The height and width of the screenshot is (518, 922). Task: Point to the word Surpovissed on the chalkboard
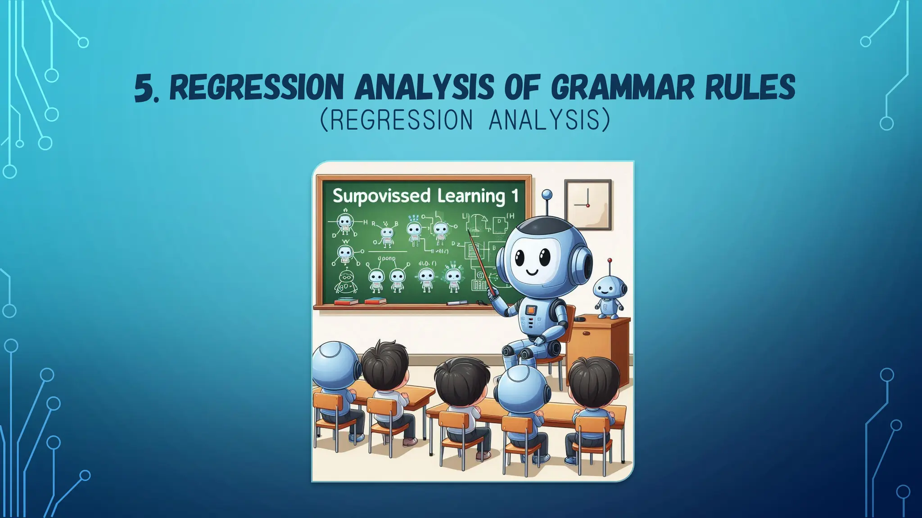pyautogui.click(x=381, y=196)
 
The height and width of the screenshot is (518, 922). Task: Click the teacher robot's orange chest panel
pyautogui.click(x=531, y=310)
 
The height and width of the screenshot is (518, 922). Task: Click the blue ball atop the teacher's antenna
pyautogui.click(x=547, y=195)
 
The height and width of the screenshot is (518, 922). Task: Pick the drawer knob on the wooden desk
pyautogui.click(x=588, y=333)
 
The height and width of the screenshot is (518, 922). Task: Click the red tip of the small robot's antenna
pyautogui.click(x=610, y=260)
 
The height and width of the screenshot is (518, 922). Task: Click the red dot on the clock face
pyautogui.click(x=588, y=205)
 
